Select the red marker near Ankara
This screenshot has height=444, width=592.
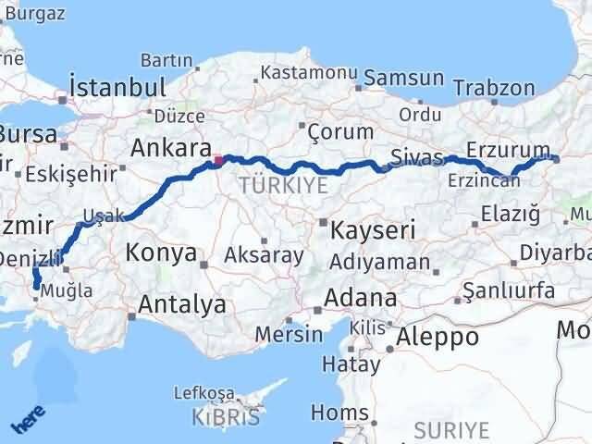pyautogui.click(x=219, y=161)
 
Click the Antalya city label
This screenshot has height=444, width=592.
pyautogui.click(x=182, y=304)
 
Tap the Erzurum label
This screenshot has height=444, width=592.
pyautogui.click(x=509, y=151)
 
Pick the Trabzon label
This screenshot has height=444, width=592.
pyautogui.click(x=500, y=89)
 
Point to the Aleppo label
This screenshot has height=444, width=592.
pyautogui.click(x=438, y=338)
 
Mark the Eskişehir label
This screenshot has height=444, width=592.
pyautogui.click(x=72, y=174)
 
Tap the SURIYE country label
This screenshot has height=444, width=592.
pyautogui.click(x=450, y=429)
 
